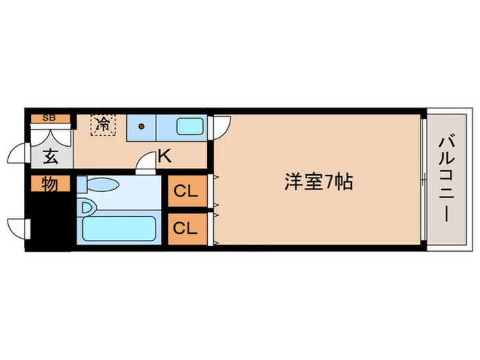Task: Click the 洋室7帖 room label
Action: (x=318, y=182)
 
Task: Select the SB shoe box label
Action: (x=49, y=118)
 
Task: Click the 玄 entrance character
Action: (x=50, y=156)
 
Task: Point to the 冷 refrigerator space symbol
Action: (x=103, y=124)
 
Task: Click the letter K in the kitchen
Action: (x=164, y=156)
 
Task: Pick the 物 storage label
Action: (x=49, y=184)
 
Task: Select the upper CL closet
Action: (x=186, y=191)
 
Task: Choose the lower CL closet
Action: (x=186, y=229)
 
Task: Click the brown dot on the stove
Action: (x=141, y=126)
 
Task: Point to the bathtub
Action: (x=119, y=229)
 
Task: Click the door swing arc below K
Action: (x=145, y=162)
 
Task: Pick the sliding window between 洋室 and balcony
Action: (x=424, y=180)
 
